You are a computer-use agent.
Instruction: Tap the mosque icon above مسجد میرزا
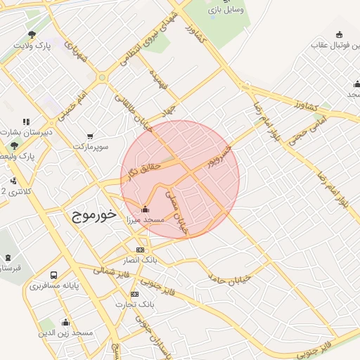click(146, 208)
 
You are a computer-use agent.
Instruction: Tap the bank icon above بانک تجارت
click(134, 294)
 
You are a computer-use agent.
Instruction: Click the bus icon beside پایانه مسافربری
click(54, 275)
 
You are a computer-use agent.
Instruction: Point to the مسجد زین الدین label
click(67, 332)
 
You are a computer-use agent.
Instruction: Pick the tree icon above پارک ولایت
click(32, 34)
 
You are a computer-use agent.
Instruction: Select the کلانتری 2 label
click(14, 191)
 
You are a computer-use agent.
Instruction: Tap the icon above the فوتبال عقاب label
click(340, 34)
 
